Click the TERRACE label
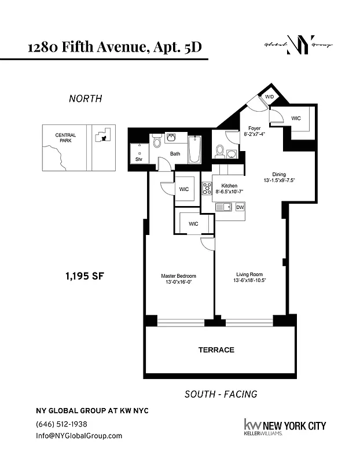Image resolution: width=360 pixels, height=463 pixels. [x=216, y=350]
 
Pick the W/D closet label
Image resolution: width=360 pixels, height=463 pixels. [x=270, y=96]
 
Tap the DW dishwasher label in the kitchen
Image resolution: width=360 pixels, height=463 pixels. [x=240, y=207]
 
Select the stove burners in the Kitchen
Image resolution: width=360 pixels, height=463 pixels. [x=207, y=188]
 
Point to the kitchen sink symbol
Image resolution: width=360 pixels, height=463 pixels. [x=223, y=207]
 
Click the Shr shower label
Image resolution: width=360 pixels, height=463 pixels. [x=139, y=159]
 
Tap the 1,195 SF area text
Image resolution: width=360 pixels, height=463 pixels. [x=85, y=275]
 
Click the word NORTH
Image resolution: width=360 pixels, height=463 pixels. [x=85, y=98]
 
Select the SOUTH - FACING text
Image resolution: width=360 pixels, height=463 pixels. [x=221, y=394]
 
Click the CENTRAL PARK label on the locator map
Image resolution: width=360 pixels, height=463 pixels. [x=65, y=138]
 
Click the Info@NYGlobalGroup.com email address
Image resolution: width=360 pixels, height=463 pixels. [x=79, y=436]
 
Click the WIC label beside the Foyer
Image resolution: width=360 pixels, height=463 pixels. [x=296, y=119]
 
